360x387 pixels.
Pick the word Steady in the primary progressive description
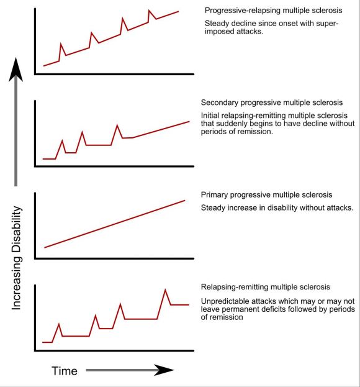pyautogui.click(x=214, y=207)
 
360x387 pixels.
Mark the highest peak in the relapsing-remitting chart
pyautogui.click(x=165, y=289)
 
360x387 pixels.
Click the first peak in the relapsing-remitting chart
pyautogui.click(x=59, y=324)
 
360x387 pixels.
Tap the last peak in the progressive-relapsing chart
pyautogui.click(x=149, y=11)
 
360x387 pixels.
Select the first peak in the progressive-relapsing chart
pyautogui.click(x=60, y=44)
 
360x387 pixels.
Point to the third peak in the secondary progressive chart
pyautogui.click(x=117, y=125)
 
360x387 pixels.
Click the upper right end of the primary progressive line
pyautogui.click(x=185, y=200)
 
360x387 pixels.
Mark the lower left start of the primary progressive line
pyautogui.click(x=44, y=248)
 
